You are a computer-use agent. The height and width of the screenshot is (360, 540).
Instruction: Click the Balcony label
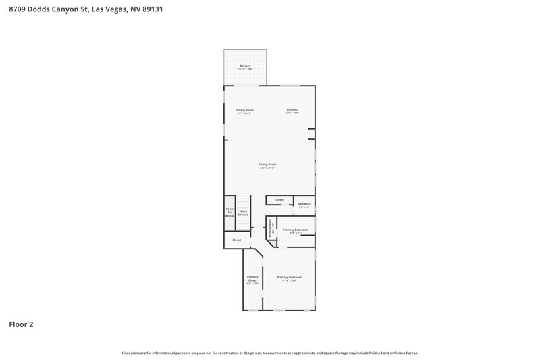pos(245,66)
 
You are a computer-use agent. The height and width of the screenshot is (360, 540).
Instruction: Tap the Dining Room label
pos(244,110)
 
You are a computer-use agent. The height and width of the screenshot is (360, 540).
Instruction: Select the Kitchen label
pos(292,109)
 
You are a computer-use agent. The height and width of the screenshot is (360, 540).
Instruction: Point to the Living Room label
pos(268,164)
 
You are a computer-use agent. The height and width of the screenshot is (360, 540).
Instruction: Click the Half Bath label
pos(304,204)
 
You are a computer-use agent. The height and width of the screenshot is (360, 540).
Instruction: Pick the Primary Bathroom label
pos(296,230)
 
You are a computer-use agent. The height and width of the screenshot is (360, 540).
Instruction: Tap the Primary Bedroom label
pos(289,277)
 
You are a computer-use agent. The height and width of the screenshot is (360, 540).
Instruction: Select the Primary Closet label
pos(252,278)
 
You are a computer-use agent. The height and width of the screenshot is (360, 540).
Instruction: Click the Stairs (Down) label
pos(243,213)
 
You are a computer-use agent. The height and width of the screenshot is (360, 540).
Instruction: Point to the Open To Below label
pos(230,212)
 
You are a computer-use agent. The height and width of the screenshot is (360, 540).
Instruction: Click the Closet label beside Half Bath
pos(279,200)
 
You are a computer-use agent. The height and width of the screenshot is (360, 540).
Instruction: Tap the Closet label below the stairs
pos(237,240)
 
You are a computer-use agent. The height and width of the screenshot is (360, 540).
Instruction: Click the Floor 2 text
pos(21,324)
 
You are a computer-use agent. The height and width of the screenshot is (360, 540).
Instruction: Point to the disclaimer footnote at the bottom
pos(270,353)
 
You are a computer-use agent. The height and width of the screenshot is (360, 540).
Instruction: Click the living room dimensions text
pos(268,168)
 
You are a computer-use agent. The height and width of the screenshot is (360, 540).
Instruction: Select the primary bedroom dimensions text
pos(289,280)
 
